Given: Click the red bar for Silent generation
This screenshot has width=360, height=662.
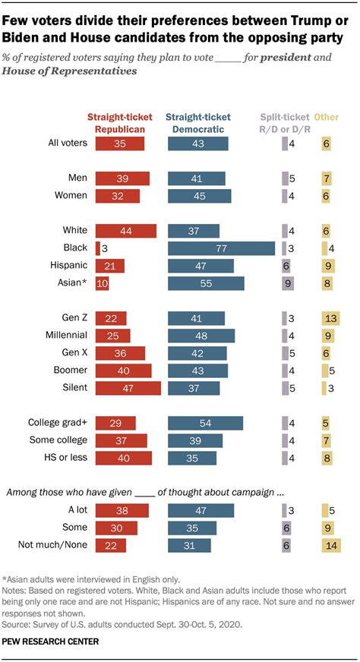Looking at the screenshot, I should click(x=128, y=387).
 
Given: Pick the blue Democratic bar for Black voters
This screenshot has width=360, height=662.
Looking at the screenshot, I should click(x=221, y=247).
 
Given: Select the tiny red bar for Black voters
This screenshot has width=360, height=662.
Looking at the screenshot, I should click(x=99, y=247).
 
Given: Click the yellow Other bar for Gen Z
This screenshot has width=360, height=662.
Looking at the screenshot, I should click(x=330, y=317).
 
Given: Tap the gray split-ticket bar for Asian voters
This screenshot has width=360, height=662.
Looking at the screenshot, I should click(x=286, y=283).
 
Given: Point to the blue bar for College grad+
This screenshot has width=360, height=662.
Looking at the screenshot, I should click(x=205, y=422).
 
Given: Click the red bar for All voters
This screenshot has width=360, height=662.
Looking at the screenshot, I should click(x=120, y=143).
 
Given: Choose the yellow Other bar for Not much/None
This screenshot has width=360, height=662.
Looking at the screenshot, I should click(x=331, y=545).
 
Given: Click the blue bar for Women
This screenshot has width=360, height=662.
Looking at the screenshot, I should click(x=199, y=195).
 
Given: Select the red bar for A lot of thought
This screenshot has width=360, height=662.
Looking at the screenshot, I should click(x=122, y=510).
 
